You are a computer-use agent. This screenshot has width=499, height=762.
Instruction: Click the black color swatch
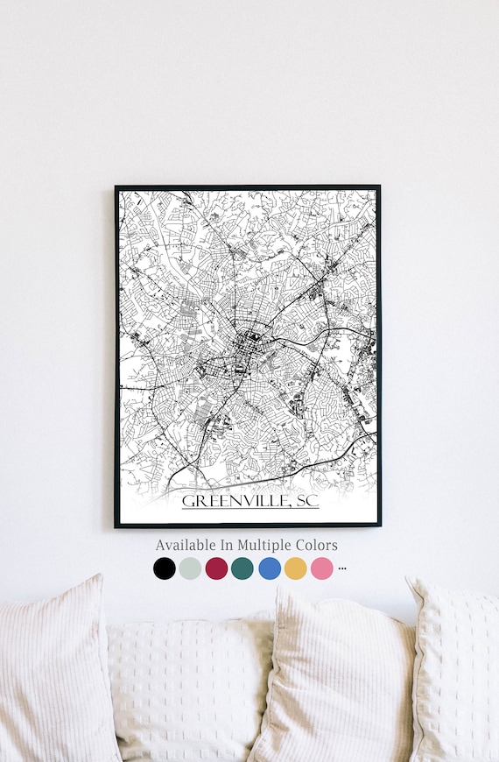pyautogui.click(x=164, y=568)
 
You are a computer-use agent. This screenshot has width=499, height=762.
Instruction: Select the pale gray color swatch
pyautogui.click(x=190, y=568)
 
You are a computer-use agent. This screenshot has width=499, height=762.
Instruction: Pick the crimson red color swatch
pyautogui.click(x=216, y=568)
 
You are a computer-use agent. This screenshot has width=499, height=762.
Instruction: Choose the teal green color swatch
pyautogui.click(x=242, y=568)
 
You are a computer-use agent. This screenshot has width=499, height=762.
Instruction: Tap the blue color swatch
pyautogui.click(x=270, y=568)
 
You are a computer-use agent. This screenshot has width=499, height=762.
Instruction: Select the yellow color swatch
pyautogui.click(x=296, y=568)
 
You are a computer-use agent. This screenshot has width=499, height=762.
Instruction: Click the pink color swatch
pyautogui.click(x=322, y=568)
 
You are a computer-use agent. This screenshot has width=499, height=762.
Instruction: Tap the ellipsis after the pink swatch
pyautogui.click(x=342, y=568)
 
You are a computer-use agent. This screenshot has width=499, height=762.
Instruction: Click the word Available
pyautogui.click(x=186, y=545)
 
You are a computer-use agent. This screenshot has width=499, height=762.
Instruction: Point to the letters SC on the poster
pyautogui.click(x=307, y=501)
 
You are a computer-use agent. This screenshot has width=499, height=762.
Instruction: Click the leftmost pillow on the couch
pyautogui.click(x=53, y=674)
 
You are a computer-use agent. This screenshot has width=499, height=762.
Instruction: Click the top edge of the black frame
pyautogui.click(x=248, y=187)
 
